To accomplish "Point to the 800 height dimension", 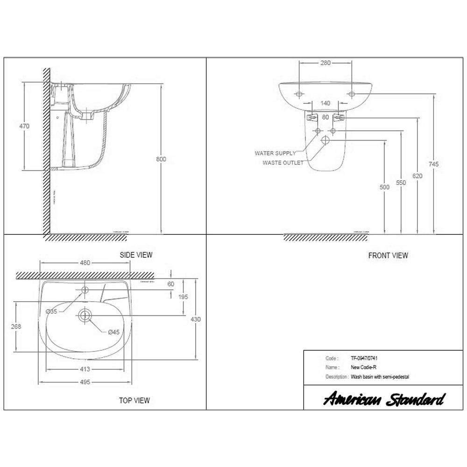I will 161,159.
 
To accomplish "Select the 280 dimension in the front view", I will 325,63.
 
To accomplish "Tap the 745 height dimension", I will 434,164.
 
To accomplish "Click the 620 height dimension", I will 417,176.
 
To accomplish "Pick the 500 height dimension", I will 384,187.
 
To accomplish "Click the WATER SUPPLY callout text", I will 275,153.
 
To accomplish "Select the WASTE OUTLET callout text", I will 283,163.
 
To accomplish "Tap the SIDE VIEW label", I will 136,255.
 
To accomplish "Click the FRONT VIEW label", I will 388,255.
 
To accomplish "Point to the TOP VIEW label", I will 134,400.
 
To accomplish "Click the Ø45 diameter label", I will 114,333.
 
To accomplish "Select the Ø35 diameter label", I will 52,311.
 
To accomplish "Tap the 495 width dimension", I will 85,382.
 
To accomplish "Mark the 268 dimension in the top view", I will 16,327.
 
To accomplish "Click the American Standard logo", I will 384,399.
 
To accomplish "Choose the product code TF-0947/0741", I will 365,358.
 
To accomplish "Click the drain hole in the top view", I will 85,315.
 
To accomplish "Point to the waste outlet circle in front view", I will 325,140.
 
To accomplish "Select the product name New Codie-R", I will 361,367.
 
